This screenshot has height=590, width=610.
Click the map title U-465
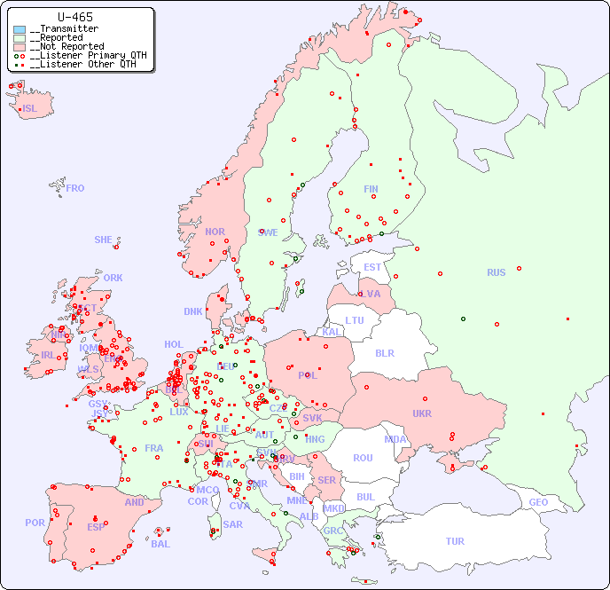coord(74,17)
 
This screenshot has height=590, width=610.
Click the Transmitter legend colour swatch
coord(20,29)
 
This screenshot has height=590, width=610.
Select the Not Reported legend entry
coord(66,46)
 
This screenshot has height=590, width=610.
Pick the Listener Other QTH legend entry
coord(82,64)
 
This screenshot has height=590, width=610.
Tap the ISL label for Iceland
coord(30,109)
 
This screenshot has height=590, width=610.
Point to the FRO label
coord(75,188)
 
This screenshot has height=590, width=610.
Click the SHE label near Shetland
coord(104,240)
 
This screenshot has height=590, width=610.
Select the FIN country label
coord(371,189)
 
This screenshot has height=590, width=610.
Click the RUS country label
coord(496,272)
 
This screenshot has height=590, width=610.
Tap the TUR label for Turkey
coord(455,541)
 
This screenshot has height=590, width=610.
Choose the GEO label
coord(538,502)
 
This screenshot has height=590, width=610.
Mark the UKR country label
coord(421,413)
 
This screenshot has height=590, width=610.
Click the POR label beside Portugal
coord(35,523)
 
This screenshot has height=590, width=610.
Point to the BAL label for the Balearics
coord(160,544)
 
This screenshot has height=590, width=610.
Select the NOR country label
coord(215,232)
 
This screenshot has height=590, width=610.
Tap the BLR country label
coord(384,352)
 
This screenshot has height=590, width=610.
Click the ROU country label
coord(363,458)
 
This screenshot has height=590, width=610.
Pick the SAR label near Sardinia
coord(232,524)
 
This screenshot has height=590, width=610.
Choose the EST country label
coord(372,267)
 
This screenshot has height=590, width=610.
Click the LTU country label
coord(355,320)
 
